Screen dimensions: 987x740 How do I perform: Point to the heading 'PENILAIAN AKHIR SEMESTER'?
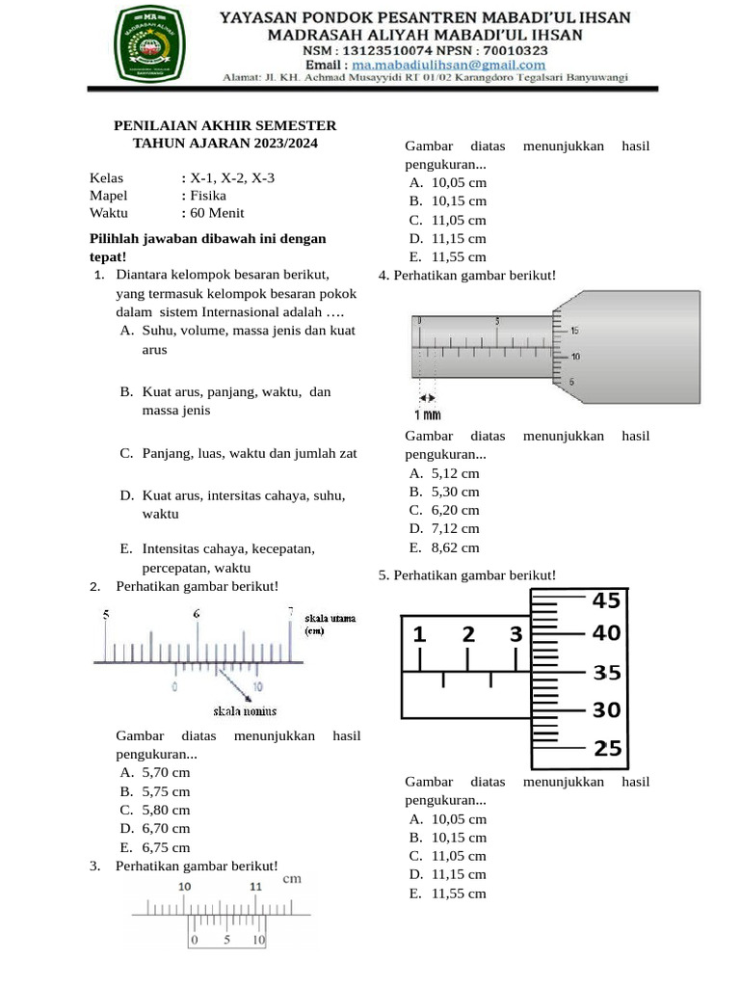click(x=225, y=125)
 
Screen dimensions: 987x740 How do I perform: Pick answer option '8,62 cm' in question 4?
click(x=455, y=547)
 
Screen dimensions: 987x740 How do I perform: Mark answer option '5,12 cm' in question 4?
click(x=455, y=473)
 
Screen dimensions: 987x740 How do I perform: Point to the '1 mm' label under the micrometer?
click(x=428, y=415)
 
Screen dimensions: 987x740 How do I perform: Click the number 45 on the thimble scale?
click(x=606, y=601)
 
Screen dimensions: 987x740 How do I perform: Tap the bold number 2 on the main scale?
click(x=468, y=634)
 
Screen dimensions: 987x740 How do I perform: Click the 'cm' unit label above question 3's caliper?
click(x=293, y=878)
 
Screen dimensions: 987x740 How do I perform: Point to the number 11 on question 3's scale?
click(x=254, y=887)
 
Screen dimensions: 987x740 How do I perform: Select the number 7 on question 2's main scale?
click(x=290, y=611)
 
